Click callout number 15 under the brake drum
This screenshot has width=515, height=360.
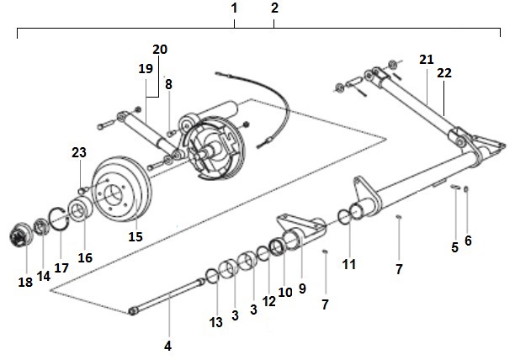135,236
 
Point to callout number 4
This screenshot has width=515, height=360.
167,346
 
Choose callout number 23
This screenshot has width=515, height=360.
78,152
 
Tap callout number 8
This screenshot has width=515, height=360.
168,84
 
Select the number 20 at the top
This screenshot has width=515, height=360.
160,49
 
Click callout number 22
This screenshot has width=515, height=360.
444,73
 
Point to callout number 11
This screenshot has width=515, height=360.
349,264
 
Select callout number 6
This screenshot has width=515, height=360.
468,240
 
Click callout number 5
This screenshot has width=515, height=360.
454,247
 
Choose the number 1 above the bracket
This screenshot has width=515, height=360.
234,8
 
